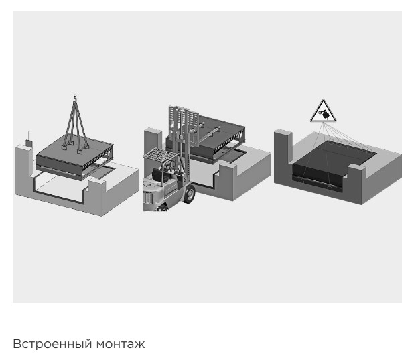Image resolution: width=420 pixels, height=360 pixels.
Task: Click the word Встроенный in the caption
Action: pyautogui.click(x=52, y=344)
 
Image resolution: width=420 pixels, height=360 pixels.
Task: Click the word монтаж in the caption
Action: pyautogui.click(x=121, y=344)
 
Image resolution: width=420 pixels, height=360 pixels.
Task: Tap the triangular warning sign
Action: pyautogui.click(x=323, y=111)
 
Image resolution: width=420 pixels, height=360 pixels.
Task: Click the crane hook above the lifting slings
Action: pyautogui.click(x=75, y=97)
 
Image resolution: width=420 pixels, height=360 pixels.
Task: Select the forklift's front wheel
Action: pyautogui.click(x=190, y=194)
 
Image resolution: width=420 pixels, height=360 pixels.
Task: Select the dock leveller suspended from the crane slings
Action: pyautogui.click(x=74, y=158)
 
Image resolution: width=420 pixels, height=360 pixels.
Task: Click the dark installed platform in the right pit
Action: pyautogui.click(x=334, y=163)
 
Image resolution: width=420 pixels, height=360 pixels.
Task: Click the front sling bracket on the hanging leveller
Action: pyautogui.click(x=80, y=152)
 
